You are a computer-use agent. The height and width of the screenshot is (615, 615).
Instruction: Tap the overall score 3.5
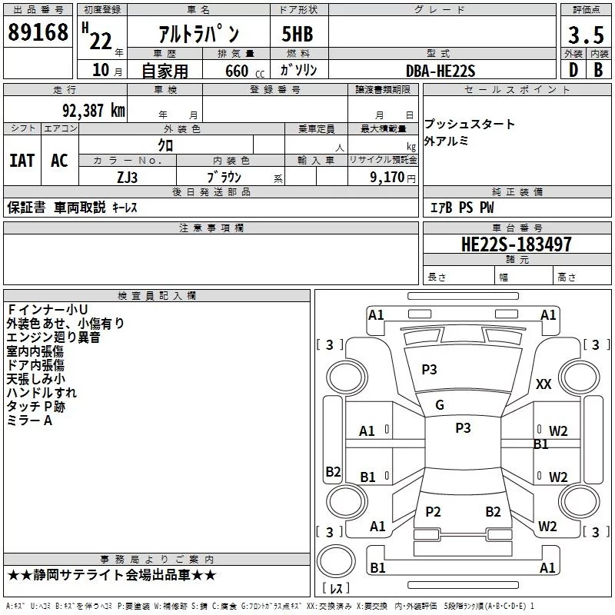584,35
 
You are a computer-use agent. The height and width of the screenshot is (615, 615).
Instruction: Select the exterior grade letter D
573,69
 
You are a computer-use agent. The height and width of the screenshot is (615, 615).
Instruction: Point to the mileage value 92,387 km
88,111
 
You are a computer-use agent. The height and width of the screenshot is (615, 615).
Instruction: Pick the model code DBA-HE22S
440,71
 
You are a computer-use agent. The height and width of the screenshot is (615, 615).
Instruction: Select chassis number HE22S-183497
516,244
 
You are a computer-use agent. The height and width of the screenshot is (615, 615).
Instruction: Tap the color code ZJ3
127,176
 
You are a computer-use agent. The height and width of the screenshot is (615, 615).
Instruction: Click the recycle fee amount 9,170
387,177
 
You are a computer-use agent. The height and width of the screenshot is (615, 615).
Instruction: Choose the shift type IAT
22,161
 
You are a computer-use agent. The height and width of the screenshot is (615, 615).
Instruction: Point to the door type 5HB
297,35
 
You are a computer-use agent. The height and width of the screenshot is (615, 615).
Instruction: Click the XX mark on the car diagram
544,384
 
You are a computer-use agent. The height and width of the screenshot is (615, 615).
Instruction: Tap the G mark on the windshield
440,405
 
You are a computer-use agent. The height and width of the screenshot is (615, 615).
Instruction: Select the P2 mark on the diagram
433,512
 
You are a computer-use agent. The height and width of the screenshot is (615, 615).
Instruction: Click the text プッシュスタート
470,125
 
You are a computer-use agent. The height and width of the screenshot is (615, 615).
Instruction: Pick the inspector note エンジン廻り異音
53,337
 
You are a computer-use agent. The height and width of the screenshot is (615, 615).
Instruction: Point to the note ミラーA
29,421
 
